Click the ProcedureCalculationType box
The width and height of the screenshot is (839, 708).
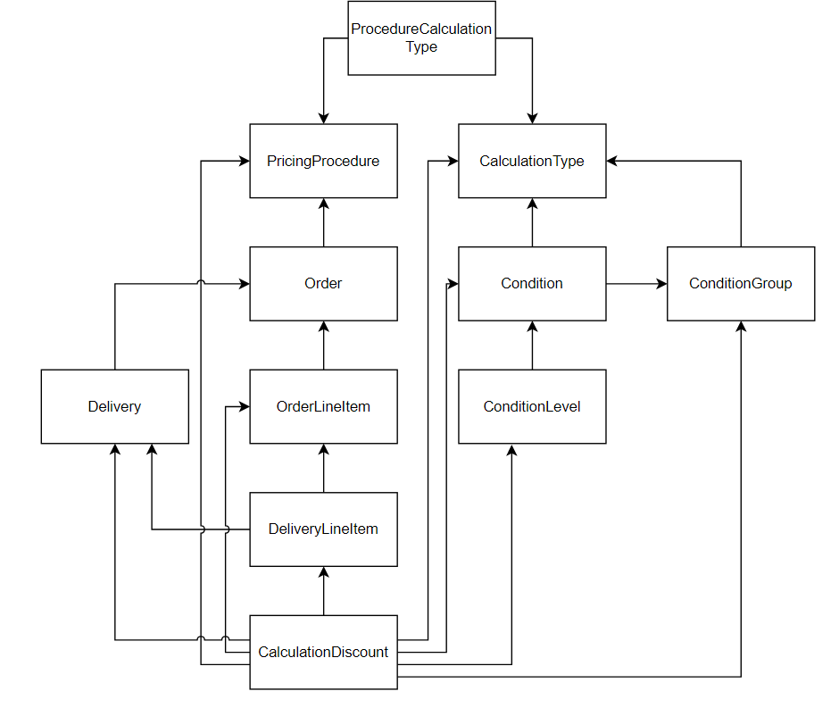coord(421,37)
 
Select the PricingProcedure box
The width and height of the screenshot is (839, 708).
coord(323,161)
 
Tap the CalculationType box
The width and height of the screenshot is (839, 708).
coord(532,161)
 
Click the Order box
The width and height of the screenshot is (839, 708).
coord(323,283)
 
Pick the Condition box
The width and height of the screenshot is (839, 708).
coord(532,283)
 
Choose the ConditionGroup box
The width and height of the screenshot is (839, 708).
coord(741,283)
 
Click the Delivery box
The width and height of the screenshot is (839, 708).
coord(114,406)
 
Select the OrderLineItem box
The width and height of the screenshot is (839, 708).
coord(323,406)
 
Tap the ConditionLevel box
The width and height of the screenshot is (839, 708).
coord(532,406)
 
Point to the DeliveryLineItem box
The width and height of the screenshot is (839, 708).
coord(323,529)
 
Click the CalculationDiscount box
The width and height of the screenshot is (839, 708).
coord(323,652)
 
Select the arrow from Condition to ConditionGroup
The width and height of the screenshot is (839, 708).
coord(636,284)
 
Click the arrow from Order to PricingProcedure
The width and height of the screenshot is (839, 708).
coord(323,222)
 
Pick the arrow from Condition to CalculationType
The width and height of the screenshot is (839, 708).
coord(532,222)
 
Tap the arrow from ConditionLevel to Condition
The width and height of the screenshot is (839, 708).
coord(532,346)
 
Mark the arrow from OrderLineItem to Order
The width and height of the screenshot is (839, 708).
coord(323,346)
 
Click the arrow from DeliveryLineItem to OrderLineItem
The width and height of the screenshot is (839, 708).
coord(323,468)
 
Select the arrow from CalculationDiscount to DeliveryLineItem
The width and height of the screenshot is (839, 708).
coord(323,591)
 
